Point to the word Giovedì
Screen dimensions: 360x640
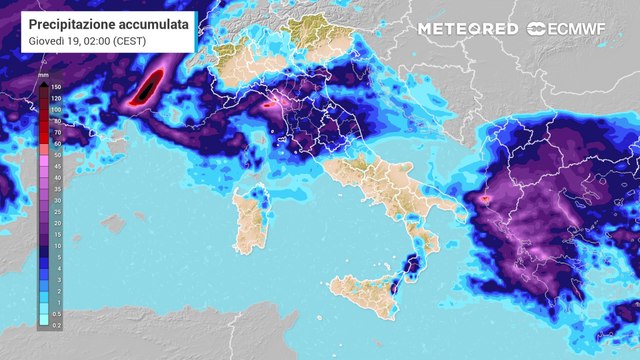pyautogui.click(x=50, y=40)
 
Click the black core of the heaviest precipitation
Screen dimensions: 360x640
pyautogui.click(x=149, y=87)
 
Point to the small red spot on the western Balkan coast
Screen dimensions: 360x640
pyautogui.click(x=485, y=198)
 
